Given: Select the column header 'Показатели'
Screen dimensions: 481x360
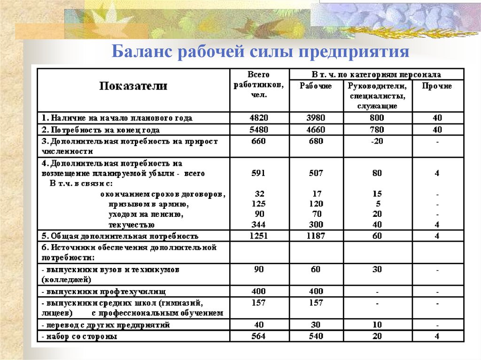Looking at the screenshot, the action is pyautogui.click(x=133, y=86).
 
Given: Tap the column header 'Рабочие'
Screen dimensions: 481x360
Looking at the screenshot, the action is pyautogui.click(x=316, y=86).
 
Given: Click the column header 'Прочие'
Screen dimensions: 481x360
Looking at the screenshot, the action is pyautogui.click(x=437, y=86).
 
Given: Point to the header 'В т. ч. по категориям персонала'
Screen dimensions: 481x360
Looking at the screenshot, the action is pyautogui.click(x=376, y=74).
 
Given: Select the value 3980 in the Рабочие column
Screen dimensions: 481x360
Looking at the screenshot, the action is pyautogui.click(x=316, y=118).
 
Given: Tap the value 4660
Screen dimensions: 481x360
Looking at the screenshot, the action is pyautogui.click(x=316, y=130).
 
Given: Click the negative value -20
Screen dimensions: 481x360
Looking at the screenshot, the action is pyautogui.click(x=377, y=141).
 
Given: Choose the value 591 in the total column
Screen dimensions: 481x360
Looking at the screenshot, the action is pyautogui.click(x=258, y=173).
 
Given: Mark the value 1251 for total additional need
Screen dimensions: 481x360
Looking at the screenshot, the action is pyautogui.click(x=258, y=236).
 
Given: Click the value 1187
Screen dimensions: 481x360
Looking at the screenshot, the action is pyautogui.click(x=316, y=236).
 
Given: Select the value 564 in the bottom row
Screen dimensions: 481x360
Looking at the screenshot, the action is pyautogui.click(x=258, y=336).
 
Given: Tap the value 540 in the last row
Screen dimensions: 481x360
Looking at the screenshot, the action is pyautogui.click(x=316, y=336).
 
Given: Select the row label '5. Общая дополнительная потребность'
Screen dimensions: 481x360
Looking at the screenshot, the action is pyautogui.click(x=119, y=236).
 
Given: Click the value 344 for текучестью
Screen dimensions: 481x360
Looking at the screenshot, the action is pyautogui.click(x=258, y=225).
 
